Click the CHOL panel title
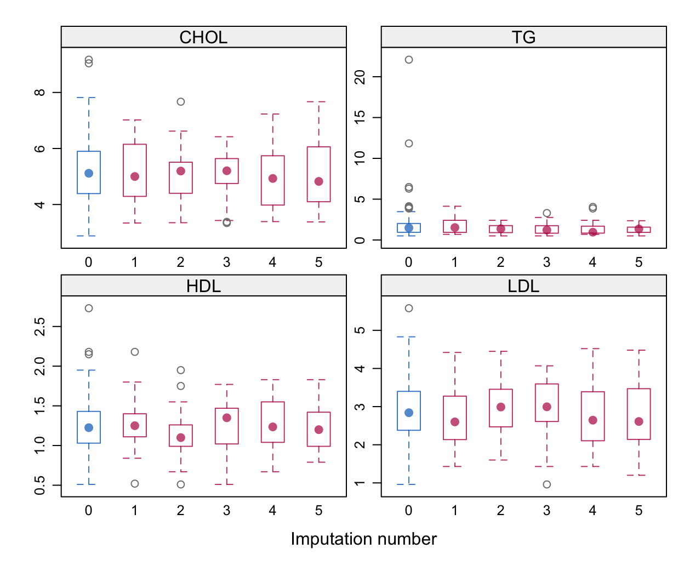click(x=203, y=37)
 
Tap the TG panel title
click(x=523, y=37)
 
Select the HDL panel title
click(x=203, y=286)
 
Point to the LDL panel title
click(x=523, y=286)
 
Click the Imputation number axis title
click(x=363, y=539)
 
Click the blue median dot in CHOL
click(x=89, y=173)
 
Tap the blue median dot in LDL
click(x=409, y=413)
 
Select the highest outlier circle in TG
click(x=409, y=60)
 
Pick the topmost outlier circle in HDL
click(x=89, y=309)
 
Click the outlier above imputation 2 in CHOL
click(x=181, y=102)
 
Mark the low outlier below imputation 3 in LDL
click(x=547, y=484)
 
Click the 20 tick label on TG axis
click(x=360, y=77)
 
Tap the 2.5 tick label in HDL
click(x=40, y=327)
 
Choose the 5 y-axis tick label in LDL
click(x=360, y=330)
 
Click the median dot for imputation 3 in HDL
click(x=227, y=418)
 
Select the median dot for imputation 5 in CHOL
click(x=319, y=181)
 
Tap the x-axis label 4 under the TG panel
click(x=592, y=262)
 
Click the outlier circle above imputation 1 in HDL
click(x=135, y=352)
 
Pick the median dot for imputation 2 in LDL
click(x=501, y=407)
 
